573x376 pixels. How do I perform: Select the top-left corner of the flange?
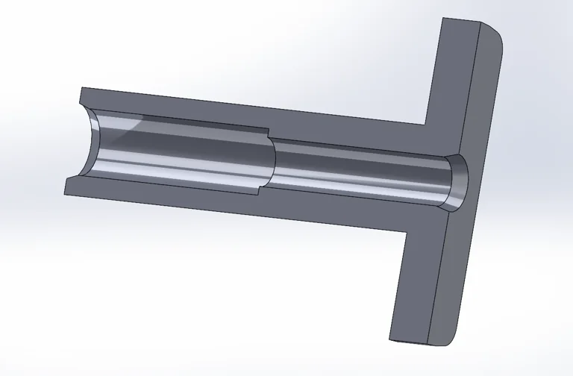point(444,20)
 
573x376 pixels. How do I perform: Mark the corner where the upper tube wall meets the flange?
point(428,124)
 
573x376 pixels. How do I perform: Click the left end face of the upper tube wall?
point(81,97)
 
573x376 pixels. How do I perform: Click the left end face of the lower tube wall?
point(68,186)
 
